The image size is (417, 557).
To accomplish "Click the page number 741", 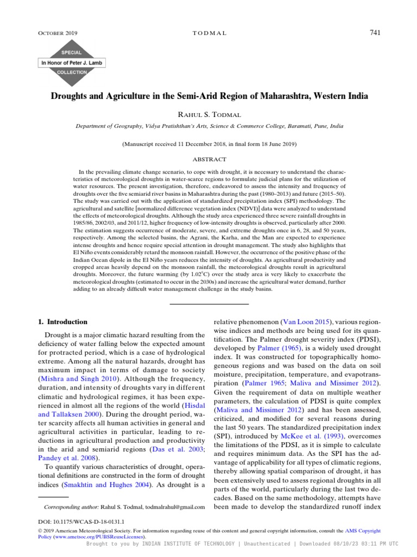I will (375, 33).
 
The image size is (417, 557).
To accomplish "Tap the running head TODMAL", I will (209, 33).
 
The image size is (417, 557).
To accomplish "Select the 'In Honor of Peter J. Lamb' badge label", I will (72, 63).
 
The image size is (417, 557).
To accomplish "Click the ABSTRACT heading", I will (209, 159).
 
